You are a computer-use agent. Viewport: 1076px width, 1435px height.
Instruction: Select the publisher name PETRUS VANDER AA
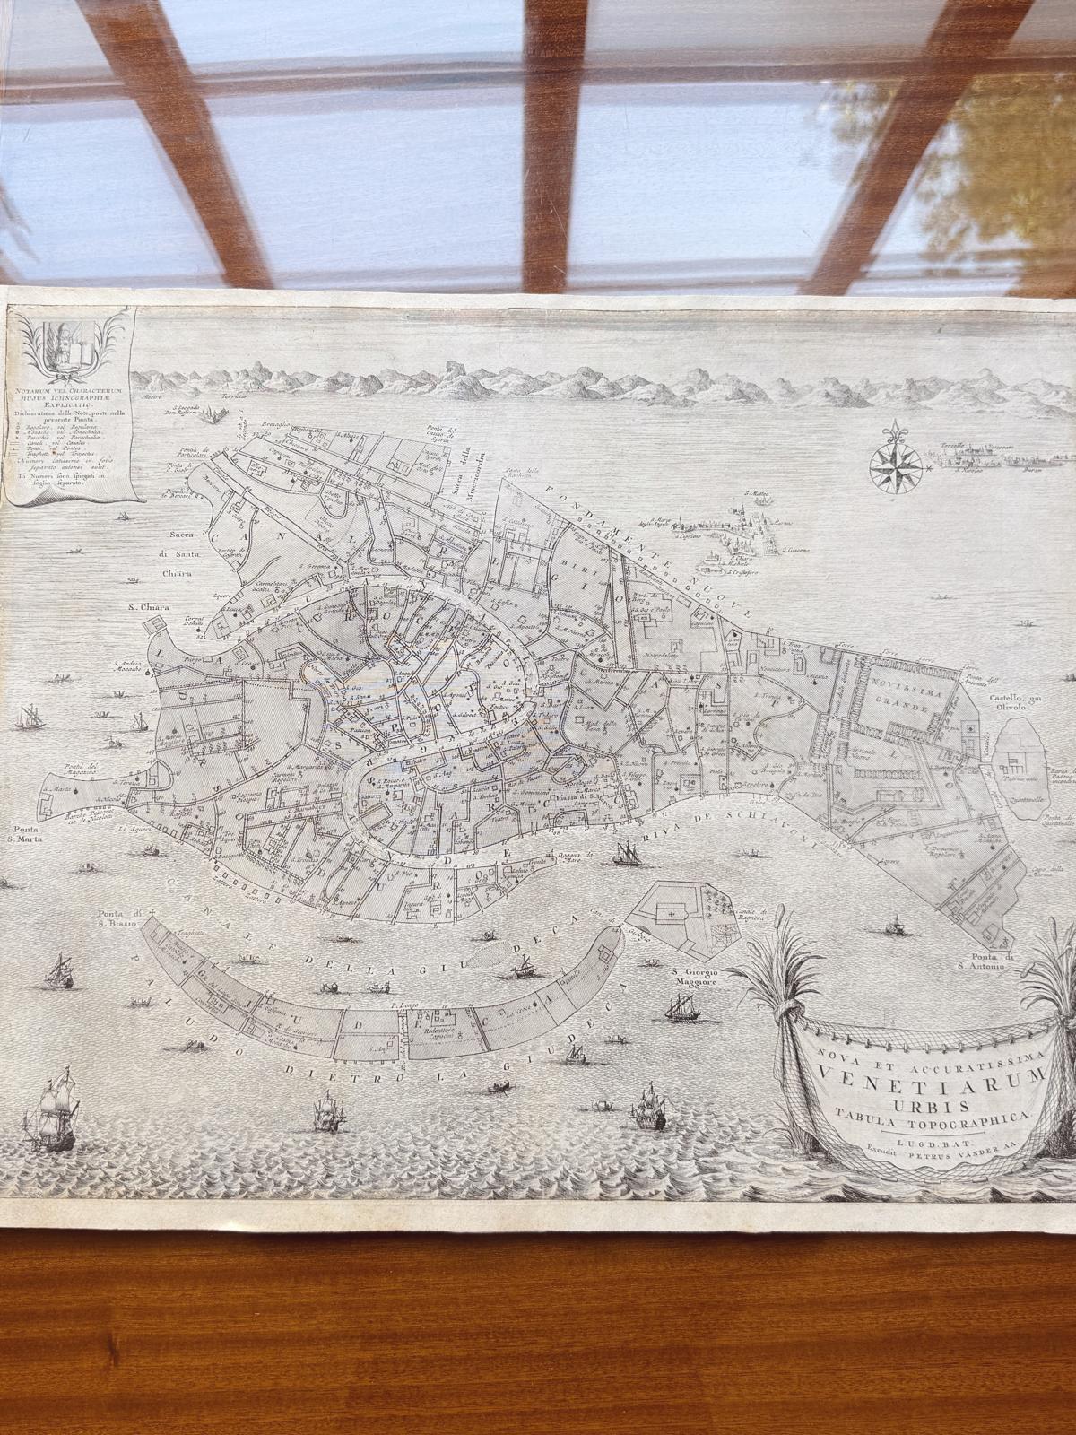pyautogui.click(x=950, y=1150)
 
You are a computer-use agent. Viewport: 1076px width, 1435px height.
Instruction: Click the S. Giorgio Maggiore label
pyautogui.click(x=698, y=980)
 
